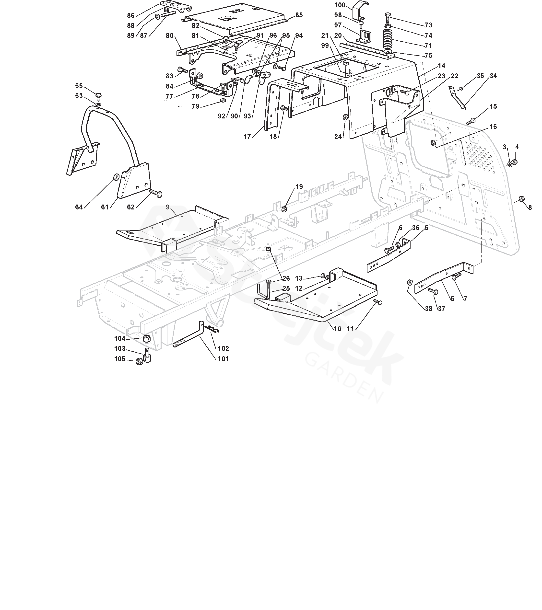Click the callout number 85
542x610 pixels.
[x=299, y=15]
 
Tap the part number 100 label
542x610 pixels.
[x=340, y=5]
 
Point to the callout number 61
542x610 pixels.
[x=105, y=207]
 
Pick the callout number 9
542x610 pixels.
[x=167, y=207]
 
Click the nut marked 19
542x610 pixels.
[x=284, y=209]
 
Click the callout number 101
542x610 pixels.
[x=223, y=359]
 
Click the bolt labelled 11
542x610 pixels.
[x=378, y=303]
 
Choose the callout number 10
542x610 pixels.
[x=337, y=329]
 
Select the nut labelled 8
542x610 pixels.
[x=522, y=198]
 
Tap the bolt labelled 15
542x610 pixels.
[x=471, y=121]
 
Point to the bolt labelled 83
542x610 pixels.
[x=182, y=70]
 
